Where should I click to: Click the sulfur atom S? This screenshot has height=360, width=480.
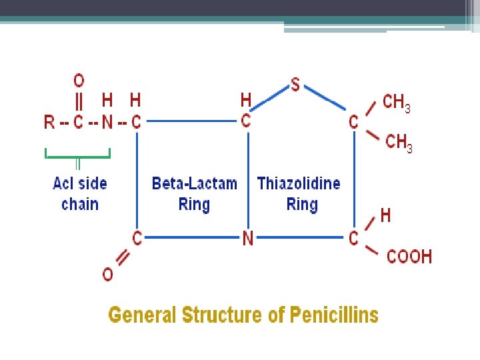point(295,85)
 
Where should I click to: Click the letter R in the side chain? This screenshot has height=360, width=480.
point(49,122)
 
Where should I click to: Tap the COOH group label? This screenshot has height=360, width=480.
point(409,256)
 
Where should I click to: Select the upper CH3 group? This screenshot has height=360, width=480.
point(397,103)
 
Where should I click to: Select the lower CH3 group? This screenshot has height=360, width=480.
point(399,142)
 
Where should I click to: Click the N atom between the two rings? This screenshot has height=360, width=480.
point(247,238)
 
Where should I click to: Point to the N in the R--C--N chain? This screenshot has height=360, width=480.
point(107,122)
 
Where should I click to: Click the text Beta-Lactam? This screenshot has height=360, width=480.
point(194,183)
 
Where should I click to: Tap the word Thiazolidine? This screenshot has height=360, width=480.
point(299,183)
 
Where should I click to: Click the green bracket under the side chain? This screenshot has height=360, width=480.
point(77,157)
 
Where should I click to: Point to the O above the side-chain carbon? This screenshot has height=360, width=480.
point(79,81)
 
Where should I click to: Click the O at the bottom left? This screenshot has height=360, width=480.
point(107,273)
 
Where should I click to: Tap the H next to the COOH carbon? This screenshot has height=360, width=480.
point(385,215)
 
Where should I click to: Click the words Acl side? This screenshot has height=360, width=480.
point(79,183)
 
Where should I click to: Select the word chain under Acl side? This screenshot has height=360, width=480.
point(79,204)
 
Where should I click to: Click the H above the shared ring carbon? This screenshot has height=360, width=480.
point(246,100)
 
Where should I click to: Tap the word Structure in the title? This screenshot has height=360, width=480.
point(227,315)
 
